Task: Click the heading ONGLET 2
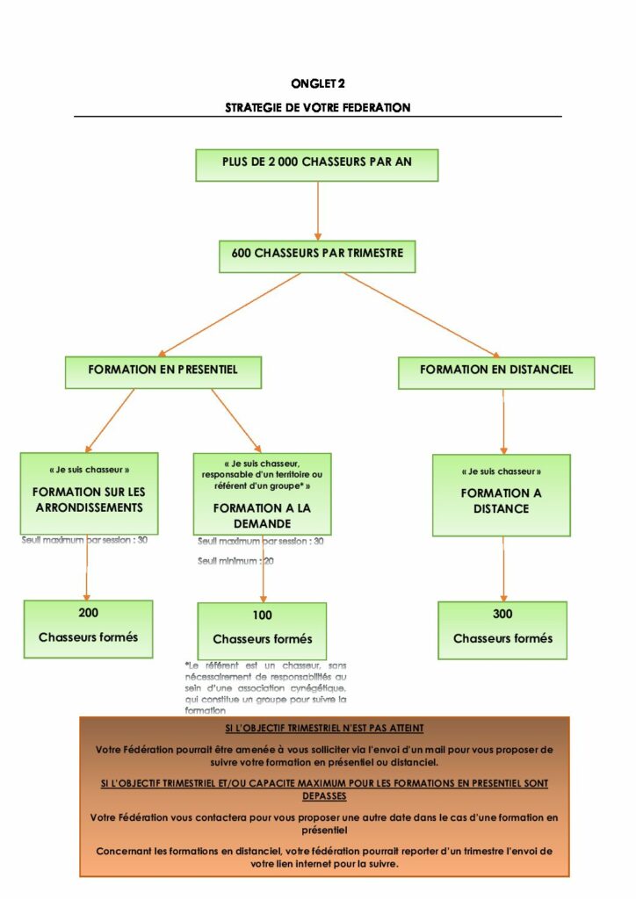pos(317,83)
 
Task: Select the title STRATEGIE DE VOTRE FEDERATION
pos(317,108)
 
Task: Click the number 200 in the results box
pos(88,613)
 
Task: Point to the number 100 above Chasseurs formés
pos(262,615)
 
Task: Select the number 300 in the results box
pos(502,614)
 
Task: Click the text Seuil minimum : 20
pos(235,561)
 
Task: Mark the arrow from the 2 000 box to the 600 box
pos(317,211)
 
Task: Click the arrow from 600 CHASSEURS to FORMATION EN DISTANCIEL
pos(422,313)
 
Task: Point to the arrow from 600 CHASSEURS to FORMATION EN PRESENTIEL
pos(230,313)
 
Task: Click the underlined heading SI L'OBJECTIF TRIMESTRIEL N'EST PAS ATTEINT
pos(324,729)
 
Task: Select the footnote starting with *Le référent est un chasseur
pos(266,687)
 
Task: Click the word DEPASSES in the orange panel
pos(324,796)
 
